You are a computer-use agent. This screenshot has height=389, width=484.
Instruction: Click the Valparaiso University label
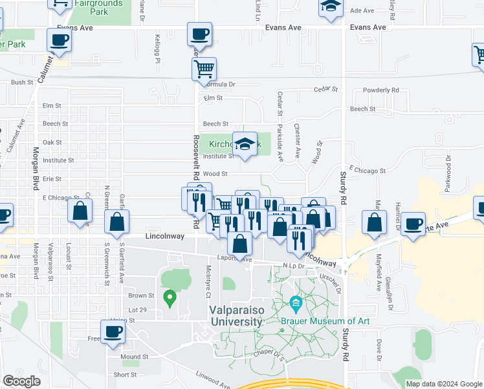point(236,315)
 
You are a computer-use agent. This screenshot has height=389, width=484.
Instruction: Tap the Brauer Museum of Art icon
point(296,303)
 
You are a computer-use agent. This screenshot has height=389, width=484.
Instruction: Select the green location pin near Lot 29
point(170,299)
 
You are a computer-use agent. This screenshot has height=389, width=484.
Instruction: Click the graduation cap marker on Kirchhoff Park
point(245,145)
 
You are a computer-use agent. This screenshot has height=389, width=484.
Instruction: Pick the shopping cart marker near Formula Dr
point(204,68)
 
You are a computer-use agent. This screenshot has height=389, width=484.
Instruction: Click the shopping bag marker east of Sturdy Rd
point(375,223)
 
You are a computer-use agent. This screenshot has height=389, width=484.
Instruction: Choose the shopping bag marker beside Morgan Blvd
point(80,212)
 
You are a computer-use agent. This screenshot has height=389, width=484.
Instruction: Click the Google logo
point(21,381)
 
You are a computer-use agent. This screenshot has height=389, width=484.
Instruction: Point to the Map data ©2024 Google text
point(443,384)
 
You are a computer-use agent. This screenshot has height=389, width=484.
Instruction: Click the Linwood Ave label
point(213,382)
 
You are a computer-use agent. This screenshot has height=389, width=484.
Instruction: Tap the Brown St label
point(141,296)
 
